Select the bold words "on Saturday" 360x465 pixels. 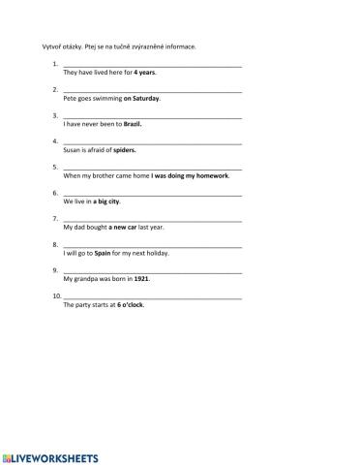click(x=141, y=98)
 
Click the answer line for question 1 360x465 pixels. click(x=152, y=64)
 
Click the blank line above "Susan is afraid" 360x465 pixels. click(x=152, y=141)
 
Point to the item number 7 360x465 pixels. click(x=54, y=219)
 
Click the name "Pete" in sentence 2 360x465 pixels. click(x=69, y=98)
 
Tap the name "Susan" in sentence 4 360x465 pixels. click(x=72, y=150)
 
